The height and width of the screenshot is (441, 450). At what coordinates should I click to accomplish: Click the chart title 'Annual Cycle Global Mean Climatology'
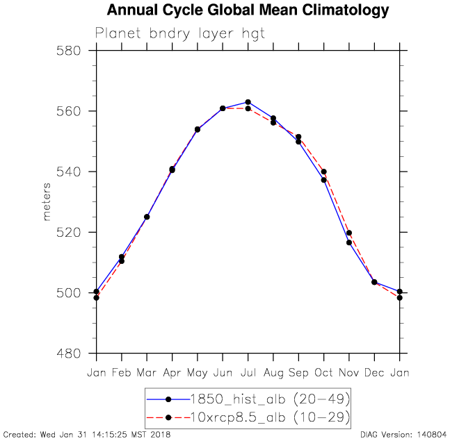[x=248, y=11]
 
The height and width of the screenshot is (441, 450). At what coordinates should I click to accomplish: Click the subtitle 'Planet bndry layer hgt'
[x=180, y=33]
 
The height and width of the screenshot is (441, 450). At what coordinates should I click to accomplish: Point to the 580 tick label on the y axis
[x=72, y=51]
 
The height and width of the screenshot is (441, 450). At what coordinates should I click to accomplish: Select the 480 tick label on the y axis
[x=72, y=353]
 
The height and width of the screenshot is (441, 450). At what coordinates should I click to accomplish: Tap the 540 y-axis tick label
[x=72, y=172]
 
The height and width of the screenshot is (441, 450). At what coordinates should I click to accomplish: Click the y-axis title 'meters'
[x=47, y=202]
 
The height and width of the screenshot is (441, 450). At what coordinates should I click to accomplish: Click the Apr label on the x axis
[x=172, y=373]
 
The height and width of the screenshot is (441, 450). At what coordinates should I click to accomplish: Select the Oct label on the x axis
[x=324, y=373]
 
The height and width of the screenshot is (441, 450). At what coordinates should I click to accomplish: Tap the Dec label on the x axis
[x=374, y=373]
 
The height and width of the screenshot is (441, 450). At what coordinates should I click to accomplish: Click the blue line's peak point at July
[x=248, y=102]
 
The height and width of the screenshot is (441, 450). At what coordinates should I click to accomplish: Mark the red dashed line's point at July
[x=248, y=108]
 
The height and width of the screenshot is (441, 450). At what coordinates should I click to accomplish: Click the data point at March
[x=147, y=217]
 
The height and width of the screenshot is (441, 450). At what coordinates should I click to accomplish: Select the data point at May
[x=198, y=129]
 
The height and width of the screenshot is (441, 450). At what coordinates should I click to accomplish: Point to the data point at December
[x=374, y=282]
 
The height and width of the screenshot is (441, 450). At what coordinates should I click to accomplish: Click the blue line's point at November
[x=349, y=242]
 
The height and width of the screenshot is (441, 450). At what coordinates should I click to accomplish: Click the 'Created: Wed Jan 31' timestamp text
[x=87, y=435]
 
